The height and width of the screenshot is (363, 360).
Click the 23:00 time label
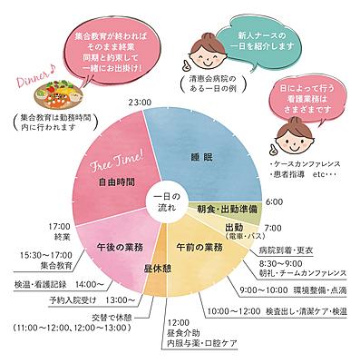pos(138,102)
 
